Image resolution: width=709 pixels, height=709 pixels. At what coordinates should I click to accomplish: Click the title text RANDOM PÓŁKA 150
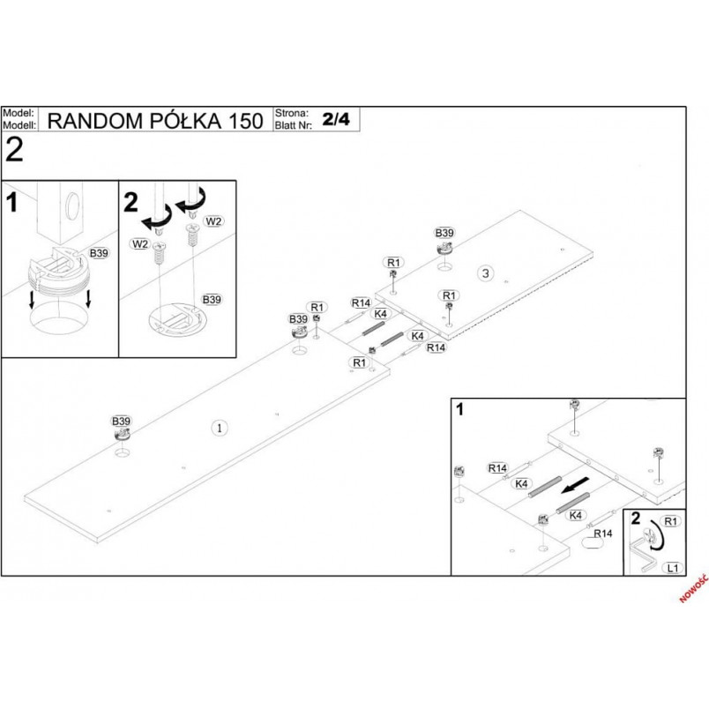[x=155, y=121]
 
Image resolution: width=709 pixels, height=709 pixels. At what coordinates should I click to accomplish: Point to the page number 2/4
[x=336, y=119]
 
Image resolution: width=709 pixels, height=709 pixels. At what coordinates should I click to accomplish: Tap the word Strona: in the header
[x=292, y=113]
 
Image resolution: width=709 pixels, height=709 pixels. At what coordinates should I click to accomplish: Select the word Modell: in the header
[x=19, y=125]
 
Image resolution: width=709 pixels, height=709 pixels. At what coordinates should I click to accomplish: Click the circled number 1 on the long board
[x=220, y=428]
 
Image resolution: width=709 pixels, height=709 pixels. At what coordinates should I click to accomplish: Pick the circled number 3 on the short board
[x=486, y=273]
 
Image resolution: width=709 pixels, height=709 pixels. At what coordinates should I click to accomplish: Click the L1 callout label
[x=673, y=568]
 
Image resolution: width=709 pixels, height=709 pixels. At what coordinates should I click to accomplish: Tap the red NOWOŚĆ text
[x=694, y=588]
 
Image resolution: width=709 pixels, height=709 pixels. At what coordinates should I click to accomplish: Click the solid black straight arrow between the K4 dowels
[x=575, y=485]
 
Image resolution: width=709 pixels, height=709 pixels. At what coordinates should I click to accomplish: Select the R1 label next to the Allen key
[x=670, y=521]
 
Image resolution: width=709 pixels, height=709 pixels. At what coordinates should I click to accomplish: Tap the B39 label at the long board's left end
[x=121, y=421]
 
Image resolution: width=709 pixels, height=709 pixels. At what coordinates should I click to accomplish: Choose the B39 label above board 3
[x=444, y=233]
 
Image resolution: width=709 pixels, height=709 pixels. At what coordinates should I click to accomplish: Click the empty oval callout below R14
[x=592, y=543]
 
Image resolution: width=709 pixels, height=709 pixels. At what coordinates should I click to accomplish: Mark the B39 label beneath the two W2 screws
[x=212, y=299]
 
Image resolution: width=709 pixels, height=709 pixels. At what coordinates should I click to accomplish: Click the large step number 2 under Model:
[x=14, y=150]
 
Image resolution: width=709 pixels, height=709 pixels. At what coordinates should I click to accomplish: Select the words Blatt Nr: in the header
[x=294, y=125]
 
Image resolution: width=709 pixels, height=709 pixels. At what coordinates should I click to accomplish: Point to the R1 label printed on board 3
[x=449, y=295]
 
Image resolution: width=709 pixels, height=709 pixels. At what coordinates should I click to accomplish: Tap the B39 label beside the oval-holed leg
[x=99, y=253]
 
